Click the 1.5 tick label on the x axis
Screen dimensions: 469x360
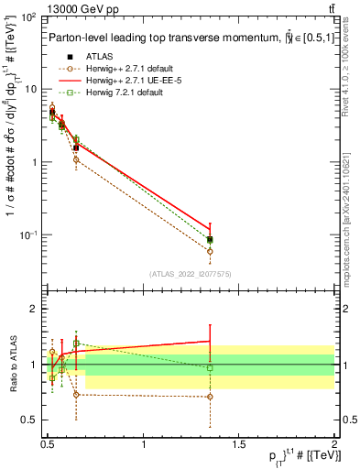[x=239, y=444]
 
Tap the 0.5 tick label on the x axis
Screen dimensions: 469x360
[x=48, y=444]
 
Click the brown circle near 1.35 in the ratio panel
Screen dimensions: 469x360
[x=211, y=397]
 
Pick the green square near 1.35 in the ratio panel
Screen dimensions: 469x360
[x=211, y=367]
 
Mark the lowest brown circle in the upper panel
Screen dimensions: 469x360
[x=211, y=251]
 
